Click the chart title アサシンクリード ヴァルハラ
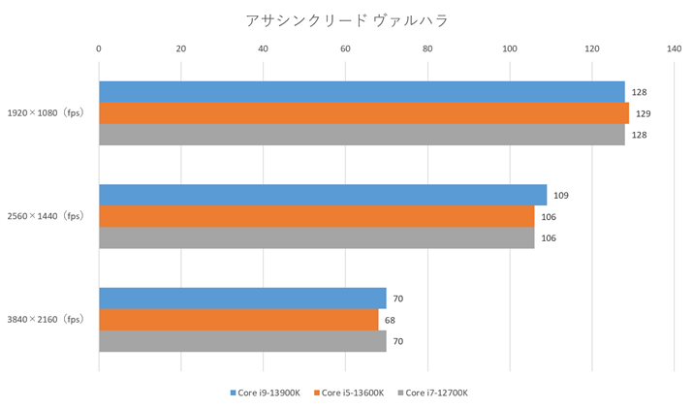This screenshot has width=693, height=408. coord(346,19)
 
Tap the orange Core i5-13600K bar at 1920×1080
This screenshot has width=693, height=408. coord(363,113)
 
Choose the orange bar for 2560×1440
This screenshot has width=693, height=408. coord(316,216)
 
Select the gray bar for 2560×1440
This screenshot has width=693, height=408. coord(316,237)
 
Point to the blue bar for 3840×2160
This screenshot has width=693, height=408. coord(242,298)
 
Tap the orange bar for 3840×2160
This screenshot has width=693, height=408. coord(238,320)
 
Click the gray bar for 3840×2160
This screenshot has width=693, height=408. coord(242,341)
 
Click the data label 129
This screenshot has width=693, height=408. coord(643,113)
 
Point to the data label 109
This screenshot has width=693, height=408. coord(561,195)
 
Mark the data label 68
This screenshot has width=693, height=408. coord(390,320)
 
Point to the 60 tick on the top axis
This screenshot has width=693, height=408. coord(345,47)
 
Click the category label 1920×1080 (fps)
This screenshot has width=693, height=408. coord(45,113)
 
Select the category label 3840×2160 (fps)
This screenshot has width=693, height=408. coord(45,320)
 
